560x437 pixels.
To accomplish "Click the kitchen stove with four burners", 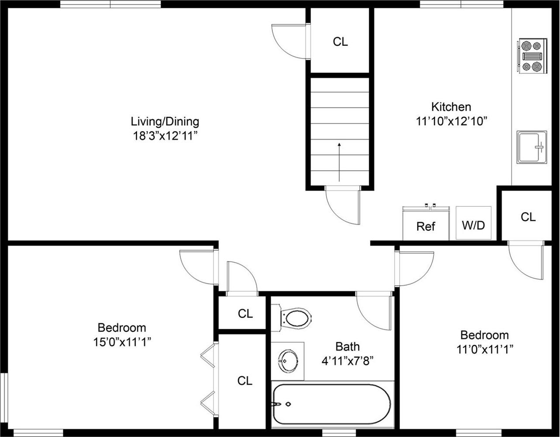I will (532, 55).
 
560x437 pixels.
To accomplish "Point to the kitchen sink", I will (531, 147).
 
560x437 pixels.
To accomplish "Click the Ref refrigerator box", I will (426, 225).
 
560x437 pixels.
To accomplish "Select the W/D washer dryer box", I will (474, 225).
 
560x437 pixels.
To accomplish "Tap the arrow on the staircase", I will (339, 161).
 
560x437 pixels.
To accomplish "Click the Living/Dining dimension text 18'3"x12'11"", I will (165, 136).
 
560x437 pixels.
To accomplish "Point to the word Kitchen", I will (451, 107).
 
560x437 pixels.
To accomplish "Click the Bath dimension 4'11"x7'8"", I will (347, 361).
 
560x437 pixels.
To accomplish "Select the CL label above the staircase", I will (340, 42).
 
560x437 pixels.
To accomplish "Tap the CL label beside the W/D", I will (528, 217).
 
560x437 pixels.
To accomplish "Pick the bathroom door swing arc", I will (373, 312).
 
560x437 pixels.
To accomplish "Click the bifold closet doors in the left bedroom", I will (209, 379).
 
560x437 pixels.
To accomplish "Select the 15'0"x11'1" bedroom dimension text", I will (122, 341).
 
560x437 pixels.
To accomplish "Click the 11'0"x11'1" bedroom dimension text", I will (484, 349).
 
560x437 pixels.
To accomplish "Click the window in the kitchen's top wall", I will (461, 4).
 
